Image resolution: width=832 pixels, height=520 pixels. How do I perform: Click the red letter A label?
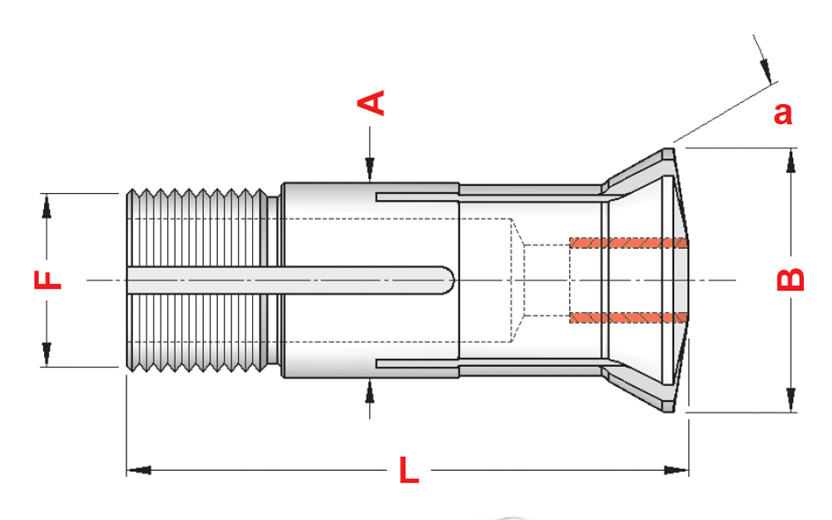[371, 102]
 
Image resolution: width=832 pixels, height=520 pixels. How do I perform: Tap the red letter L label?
[409, 469]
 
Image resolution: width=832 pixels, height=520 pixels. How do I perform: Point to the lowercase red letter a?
[783, 113]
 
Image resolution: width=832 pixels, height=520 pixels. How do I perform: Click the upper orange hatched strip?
[629, 243]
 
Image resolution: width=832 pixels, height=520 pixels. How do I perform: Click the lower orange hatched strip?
[629, 318]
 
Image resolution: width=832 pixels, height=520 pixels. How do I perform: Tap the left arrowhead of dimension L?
[139, 470]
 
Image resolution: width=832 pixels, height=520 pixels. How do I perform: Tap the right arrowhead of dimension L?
[676, 470]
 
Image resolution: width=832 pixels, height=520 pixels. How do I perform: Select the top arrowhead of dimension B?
[790, 161]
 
